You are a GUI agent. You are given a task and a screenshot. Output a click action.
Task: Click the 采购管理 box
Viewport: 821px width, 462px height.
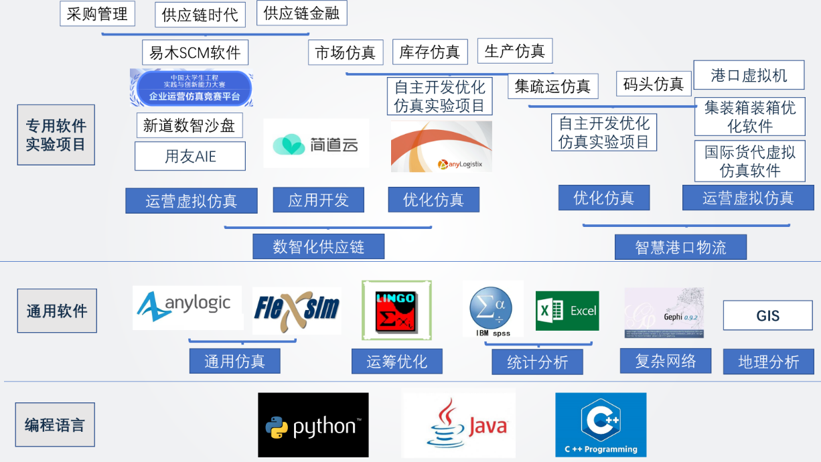tap(98, 14)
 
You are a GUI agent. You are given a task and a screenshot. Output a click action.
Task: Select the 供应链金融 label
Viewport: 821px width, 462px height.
tap(301, 13)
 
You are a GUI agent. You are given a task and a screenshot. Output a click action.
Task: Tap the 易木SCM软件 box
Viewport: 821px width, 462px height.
tap(195, 53)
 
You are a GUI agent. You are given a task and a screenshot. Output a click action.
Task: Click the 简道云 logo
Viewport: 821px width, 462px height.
tap(316, 143)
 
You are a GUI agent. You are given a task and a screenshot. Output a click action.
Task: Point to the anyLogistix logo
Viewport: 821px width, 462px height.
tap(441, 147)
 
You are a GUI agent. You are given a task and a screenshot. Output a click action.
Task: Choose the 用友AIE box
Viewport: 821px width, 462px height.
tap(190, 157)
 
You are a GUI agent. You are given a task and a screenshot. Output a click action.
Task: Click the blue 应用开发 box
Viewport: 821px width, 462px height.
tap(318, 200)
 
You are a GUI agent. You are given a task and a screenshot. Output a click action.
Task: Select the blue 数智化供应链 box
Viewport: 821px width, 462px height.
tap(318, 246)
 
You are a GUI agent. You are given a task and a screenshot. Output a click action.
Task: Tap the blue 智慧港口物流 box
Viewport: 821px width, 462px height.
tap(680, 247)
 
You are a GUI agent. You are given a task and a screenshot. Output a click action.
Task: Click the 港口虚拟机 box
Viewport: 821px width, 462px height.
tap(749, 75)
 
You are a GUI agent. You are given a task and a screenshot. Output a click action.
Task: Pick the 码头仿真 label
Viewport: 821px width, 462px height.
tap(653, 84)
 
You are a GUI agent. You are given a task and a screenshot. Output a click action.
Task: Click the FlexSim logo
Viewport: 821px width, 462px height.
tap(297, 310)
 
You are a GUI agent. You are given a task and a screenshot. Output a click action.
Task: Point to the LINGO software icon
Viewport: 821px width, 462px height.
tap(396, 310)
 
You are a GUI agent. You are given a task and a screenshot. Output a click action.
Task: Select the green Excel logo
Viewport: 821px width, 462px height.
tap(567, 311)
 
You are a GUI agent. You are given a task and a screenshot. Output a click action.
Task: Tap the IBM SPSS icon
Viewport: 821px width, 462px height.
tap(492, 309)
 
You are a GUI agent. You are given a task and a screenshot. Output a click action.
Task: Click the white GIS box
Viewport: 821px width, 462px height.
tap(768, 315)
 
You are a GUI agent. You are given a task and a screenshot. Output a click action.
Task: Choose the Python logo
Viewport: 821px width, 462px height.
tap(313, 425)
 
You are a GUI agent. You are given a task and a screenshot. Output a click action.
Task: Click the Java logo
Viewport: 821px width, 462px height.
tap(459, 425)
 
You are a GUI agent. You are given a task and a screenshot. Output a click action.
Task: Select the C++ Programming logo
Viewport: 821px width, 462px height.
tap(601, 425)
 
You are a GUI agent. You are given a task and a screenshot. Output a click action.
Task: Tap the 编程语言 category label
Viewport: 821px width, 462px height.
tap(56, 425)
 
